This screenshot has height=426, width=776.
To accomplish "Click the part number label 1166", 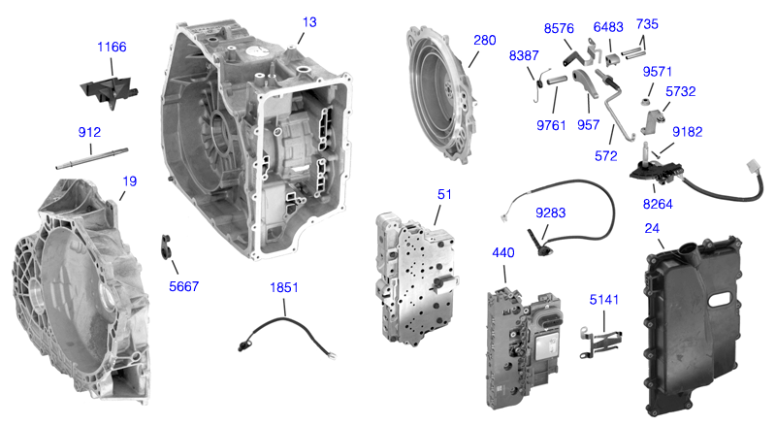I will click(x=112, y=47).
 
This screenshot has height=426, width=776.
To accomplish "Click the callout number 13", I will click(x=308, y=21).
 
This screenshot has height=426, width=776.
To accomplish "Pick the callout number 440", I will click(x=503, y=251).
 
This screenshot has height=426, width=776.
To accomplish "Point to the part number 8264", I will click(x=660, y=204).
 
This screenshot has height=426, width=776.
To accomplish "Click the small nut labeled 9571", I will click(x=644, y=99).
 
